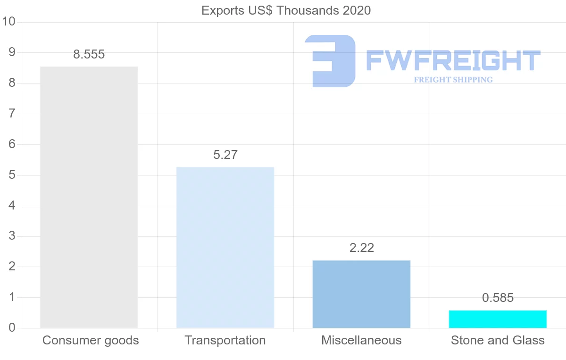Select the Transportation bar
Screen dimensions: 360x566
[225, 247]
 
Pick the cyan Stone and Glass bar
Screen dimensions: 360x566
[498, 319]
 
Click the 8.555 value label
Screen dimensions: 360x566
[89, 54]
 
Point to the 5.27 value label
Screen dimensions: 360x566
[225, 155]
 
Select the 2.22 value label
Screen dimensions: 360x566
[361, 248]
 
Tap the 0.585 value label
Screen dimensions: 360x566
[498, 298]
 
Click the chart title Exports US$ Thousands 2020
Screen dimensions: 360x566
[286, 10]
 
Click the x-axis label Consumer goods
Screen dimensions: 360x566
[91, 340]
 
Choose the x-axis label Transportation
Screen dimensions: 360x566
[225, 340]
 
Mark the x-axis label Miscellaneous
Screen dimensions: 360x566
[361, 340]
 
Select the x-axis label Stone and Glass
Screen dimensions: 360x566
[498, 340]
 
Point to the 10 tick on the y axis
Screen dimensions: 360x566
[9, 22]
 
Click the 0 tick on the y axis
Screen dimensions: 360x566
[12, 328]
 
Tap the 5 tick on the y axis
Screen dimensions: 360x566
[12, 175]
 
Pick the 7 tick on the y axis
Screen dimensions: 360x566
[12, 114]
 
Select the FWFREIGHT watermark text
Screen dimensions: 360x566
[453, 60]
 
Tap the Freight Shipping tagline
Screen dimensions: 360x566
[453, 80]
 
